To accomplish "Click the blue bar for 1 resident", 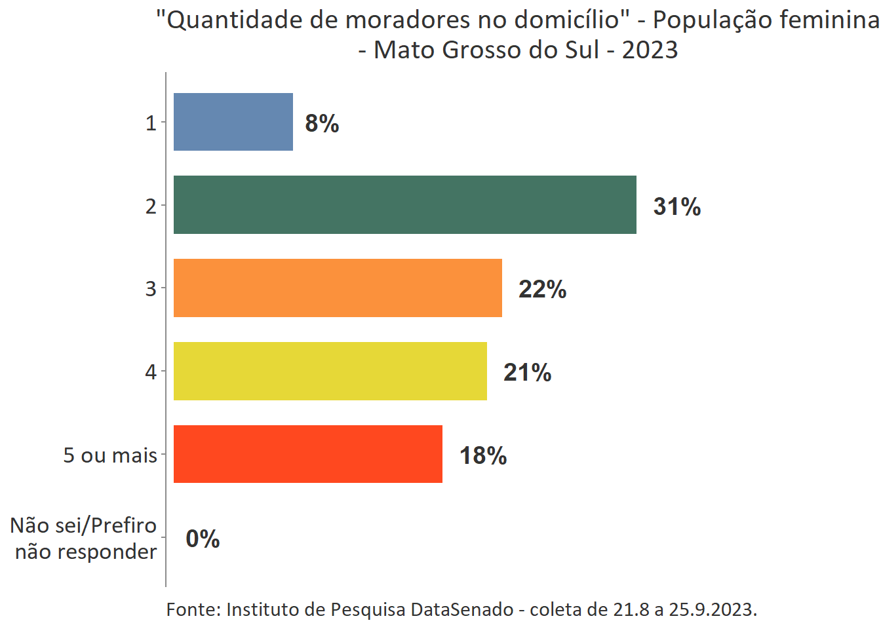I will pyautogui.click(x=233, y=122).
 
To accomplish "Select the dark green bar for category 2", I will pyautogui.click(x=404, y=204).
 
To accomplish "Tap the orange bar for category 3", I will pyautogui.click(x=338, y=288).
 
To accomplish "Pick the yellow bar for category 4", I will pyautogui.click(x=330, y=371).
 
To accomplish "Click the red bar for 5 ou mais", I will pyautogui.click(x=307, y=454).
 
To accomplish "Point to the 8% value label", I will pyautogui.click(x=322, y=123).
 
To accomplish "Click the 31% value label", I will pyautogui.click(x=676, y=206).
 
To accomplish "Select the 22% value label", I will pyautogui.click(x=542, y=289).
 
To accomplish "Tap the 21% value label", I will pyautogui.click(x=527, y=372).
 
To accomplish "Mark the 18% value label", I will pyautogui.click(x=482, y=455).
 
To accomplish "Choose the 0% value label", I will pyautogui.click(x=203, y=539).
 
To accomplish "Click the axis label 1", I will pyautogui.click(x=151, y=123).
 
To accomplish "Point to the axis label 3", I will pyautogui.click(x=151, y=288).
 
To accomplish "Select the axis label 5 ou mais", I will pyautogui.click(x=110, y=455).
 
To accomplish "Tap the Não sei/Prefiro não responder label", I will pyautogui.click(x=84, y=539).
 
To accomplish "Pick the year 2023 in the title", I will pyautogui.click(x=650, y=50).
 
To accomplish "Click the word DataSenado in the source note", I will pyautogui.click(x=462, y=609).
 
